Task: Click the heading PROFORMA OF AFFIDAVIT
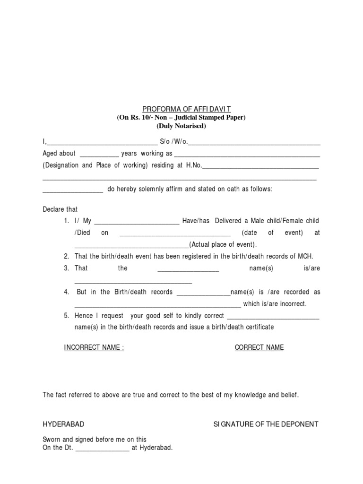[181, 109]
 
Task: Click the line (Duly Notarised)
[181, 126]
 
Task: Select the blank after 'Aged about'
[99, 154]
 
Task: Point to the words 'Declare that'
[60, 209]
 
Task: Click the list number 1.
[66, 221]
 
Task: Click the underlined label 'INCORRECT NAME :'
[94, 347]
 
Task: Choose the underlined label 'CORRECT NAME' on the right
[259, 347]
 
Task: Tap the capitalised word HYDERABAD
[64, 424]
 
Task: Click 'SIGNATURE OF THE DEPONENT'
[266, 424]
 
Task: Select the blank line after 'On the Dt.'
[102, 448]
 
